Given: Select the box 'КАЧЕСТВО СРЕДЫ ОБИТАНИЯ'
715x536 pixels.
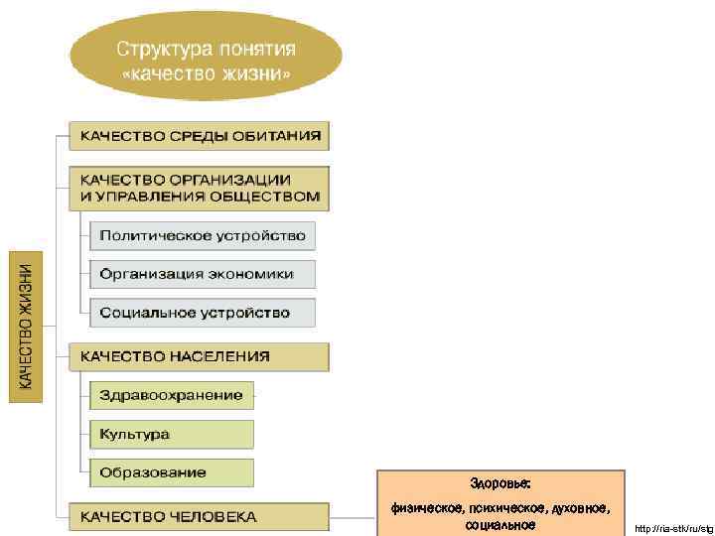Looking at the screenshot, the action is (x=199, y=136).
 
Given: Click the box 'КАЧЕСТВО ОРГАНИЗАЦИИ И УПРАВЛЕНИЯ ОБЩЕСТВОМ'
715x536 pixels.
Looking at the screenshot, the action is (x=199, y=188).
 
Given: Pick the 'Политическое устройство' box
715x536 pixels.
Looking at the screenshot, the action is (x=203, y=236).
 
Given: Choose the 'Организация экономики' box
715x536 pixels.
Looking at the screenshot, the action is (x=203, y=274).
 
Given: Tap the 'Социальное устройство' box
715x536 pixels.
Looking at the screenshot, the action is (x=203, y=313).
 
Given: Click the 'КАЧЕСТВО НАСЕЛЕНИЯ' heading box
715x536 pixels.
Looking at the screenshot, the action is (x=199, y=355).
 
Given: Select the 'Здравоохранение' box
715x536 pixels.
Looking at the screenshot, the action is (x=171, y=395).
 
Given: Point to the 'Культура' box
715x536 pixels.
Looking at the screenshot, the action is (x=171, y=434).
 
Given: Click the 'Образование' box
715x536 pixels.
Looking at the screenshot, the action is (x=171, y=472).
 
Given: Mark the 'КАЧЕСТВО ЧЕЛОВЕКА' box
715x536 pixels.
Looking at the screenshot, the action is (x=199, y=516).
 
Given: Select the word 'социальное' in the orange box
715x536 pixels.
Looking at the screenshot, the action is (x=500, y=524).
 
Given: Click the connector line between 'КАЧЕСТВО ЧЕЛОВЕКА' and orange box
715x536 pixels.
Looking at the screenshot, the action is (x=353, y=516).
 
